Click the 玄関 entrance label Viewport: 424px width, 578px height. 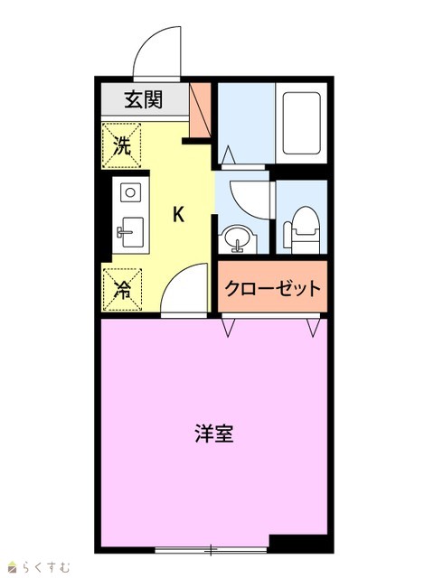point(143,99)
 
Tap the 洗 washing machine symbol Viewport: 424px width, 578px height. point(122,145)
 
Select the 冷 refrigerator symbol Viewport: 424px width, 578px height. point(122,290)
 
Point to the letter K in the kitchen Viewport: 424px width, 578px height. point(179,214)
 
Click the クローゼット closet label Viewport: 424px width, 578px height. point(272,288)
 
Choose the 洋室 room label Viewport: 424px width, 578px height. point(214,433)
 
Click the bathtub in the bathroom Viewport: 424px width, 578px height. point(301,123)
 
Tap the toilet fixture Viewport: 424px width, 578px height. point(301,229)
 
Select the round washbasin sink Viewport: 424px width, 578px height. point(237,239)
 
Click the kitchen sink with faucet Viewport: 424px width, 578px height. point(130,232)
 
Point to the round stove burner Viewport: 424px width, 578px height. point(130,192)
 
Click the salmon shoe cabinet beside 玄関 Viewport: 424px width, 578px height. point(200,110)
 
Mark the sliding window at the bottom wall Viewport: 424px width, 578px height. point(211,550)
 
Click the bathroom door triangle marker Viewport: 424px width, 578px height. point(229,154)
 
